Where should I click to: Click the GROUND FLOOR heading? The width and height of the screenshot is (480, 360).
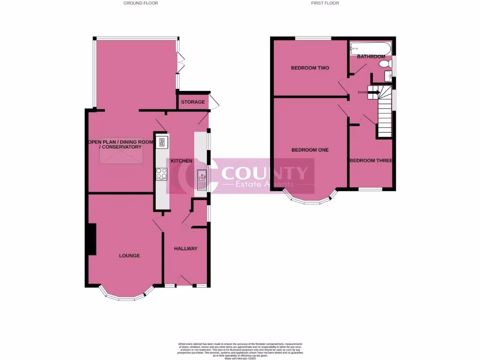[141, 3]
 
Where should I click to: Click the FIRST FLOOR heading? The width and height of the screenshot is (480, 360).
[325, 3]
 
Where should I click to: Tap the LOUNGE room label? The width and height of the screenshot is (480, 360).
[129, 255]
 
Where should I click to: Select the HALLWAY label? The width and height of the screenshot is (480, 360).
[186, 248]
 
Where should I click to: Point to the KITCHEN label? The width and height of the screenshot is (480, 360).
[181, 161]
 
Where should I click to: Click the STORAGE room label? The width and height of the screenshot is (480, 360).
[193, 102]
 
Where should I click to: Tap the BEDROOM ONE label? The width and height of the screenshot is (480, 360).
[310, 150]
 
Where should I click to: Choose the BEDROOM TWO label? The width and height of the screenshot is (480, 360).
[310, 68]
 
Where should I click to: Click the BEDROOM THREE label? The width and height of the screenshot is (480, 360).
[371, 160]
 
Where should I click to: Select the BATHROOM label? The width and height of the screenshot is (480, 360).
[371, 56]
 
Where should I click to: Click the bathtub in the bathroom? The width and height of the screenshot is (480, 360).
[370, 47]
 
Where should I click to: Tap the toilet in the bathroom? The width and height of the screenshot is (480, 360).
[384, 63]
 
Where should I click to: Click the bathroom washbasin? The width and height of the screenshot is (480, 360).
[388, 75]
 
